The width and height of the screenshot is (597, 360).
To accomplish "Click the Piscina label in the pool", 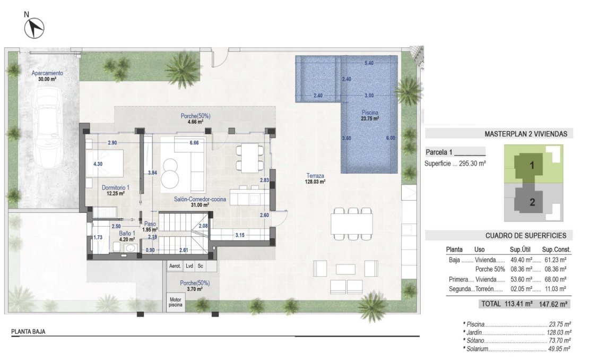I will [x=370, y=115].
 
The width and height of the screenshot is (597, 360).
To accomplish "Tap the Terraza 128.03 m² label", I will [x=315, y=178].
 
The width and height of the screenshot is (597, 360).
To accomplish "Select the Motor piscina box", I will [x=175, y=302].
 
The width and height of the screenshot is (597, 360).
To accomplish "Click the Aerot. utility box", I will [x=175, y=266].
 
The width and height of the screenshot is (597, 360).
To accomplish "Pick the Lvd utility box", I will [x=189, y=266].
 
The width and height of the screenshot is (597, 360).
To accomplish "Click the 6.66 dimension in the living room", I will [x=194, y=143].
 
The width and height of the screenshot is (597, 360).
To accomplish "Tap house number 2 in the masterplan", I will [x=532, y=202].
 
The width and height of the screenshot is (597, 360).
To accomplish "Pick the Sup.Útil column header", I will [x=521, y=250].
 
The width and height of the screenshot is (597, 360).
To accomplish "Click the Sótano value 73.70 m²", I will [x=558, y=340].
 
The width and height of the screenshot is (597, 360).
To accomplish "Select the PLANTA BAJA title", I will [x=28, y=331].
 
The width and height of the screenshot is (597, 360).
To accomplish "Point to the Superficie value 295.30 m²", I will [x=472, y=164].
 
